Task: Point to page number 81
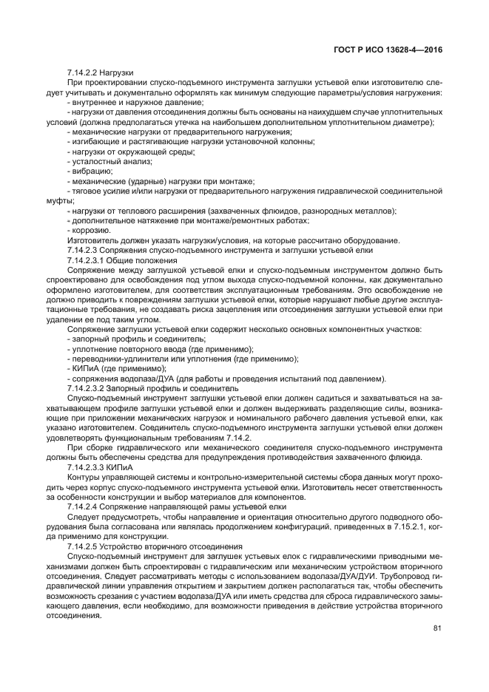[437, 629]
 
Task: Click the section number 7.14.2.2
[82, 72]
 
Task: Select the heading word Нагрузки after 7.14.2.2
[116, 72]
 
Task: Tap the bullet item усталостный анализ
[110, 161]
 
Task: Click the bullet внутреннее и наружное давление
[135, 102]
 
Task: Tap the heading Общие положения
[141, 259]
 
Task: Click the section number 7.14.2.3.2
[85, 387]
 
